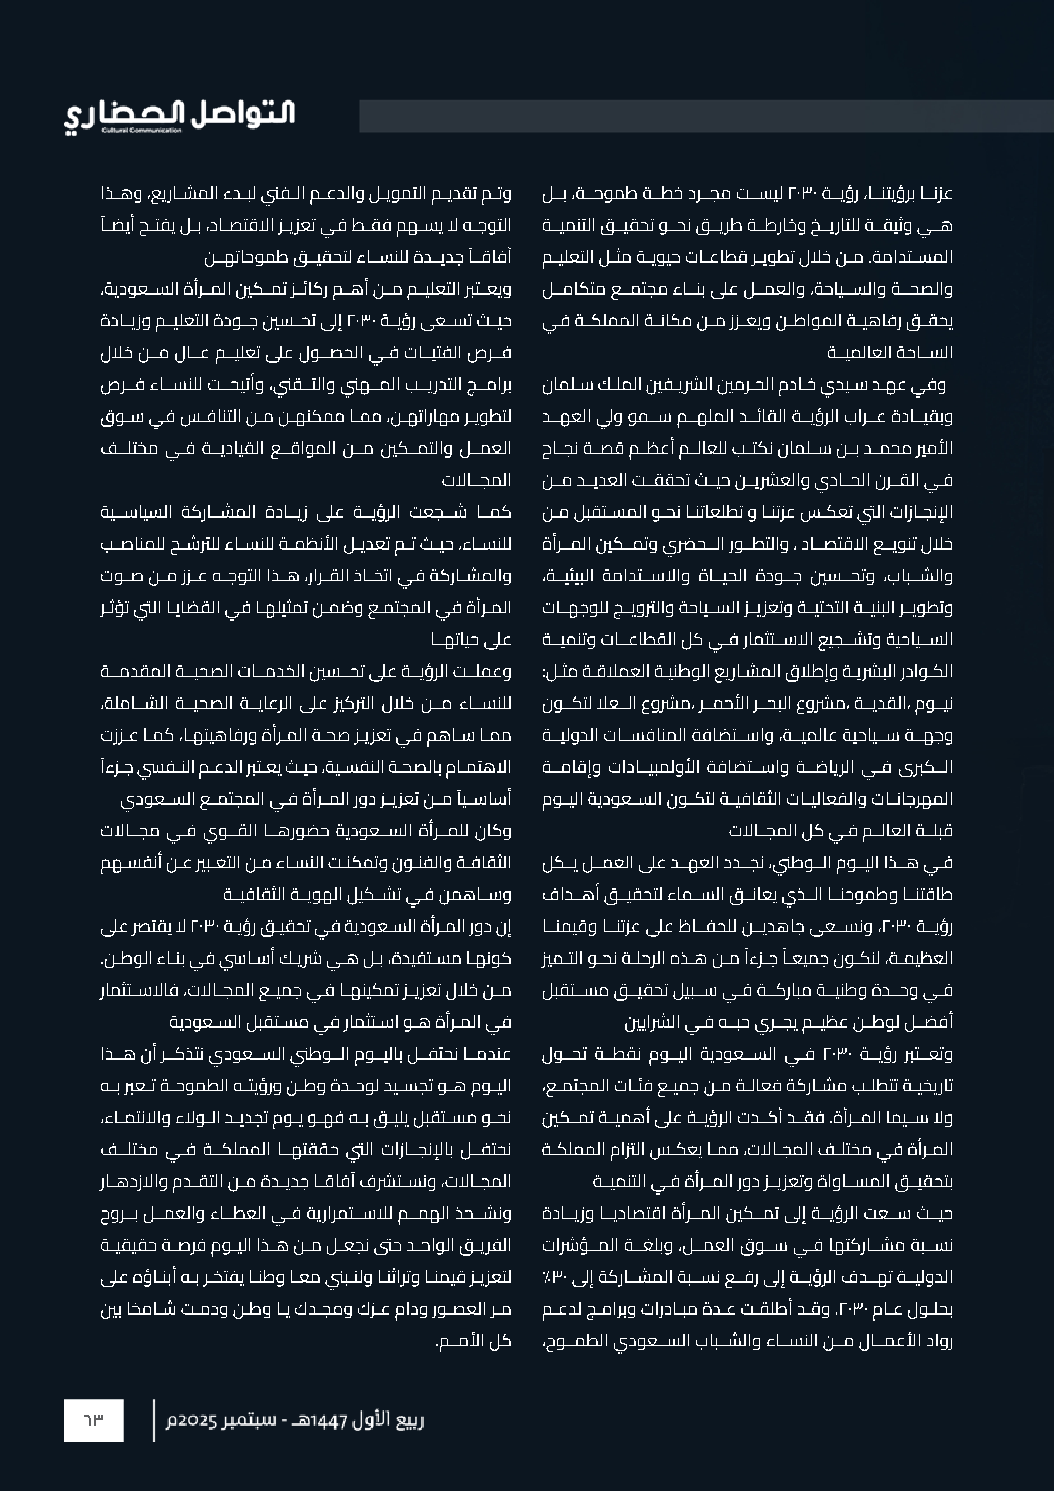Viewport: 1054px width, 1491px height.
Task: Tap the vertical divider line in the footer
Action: point(154,1421)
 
